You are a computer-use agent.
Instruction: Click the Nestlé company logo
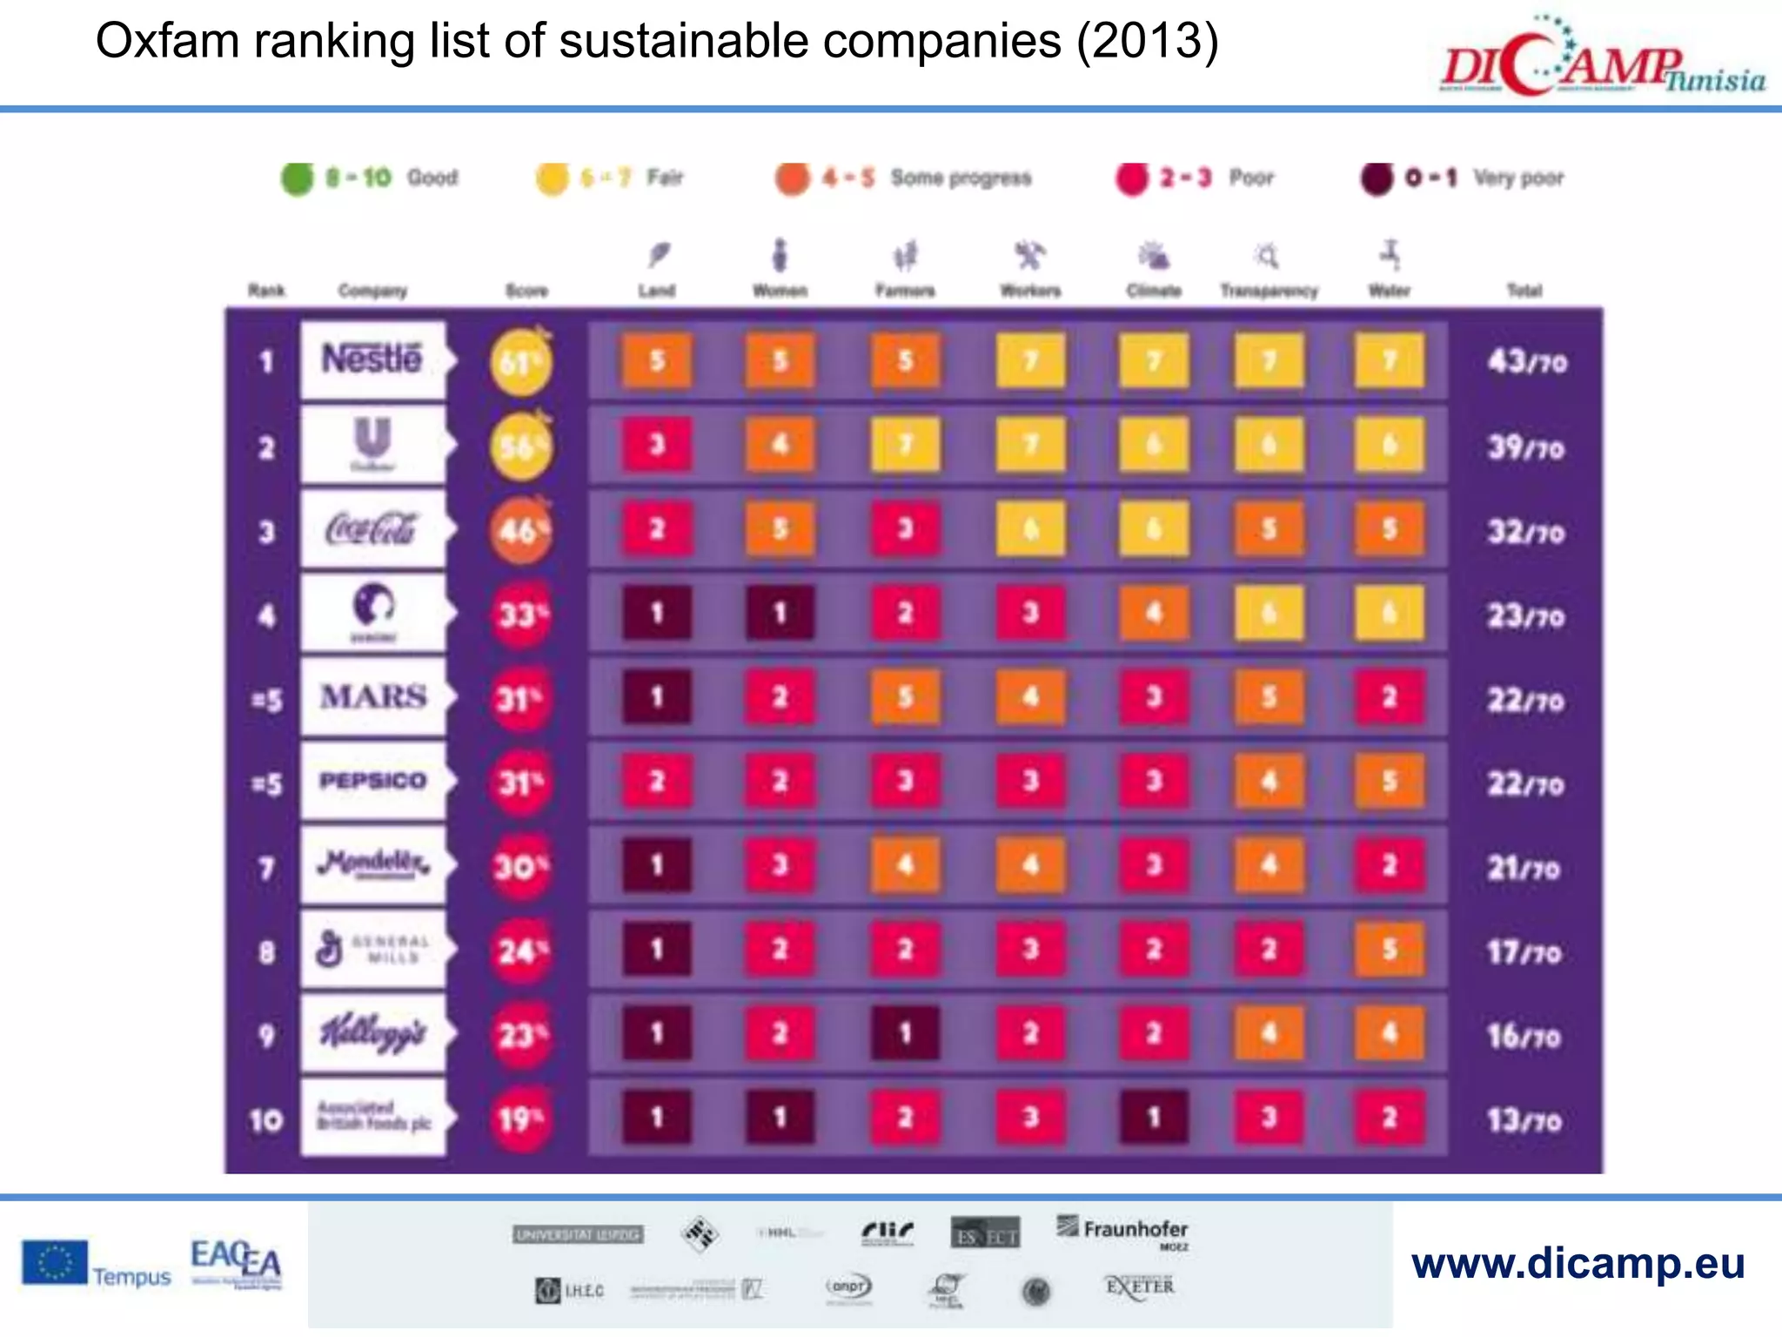click(372, 359)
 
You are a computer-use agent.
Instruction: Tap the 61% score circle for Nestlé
click(520, 362)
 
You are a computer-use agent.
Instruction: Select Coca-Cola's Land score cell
click(657, 528)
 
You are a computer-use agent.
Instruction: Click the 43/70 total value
click(1527, 361)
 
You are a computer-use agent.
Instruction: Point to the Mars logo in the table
click(372, 696)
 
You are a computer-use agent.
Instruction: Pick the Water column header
click(1389, 289)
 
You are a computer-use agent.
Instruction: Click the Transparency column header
click(1269, 289)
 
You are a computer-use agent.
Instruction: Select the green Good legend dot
click(297, 178)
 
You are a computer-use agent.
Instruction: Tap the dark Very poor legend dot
click(1377, 178)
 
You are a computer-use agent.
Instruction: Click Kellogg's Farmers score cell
click(905, 1033)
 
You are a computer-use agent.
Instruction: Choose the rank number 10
click(266, 1119)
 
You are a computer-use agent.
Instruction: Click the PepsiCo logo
click(372, 781)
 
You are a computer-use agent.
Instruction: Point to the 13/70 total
click(1524, 1119)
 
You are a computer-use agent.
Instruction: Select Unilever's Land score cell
click(657, 445)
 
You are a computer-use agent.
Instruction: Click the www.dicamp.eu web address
click(1578, 1263)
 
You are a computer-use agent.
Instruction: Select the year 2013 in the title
click(1147, 41)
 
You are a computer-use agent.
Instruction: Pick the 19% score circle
click(520, 1119)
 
